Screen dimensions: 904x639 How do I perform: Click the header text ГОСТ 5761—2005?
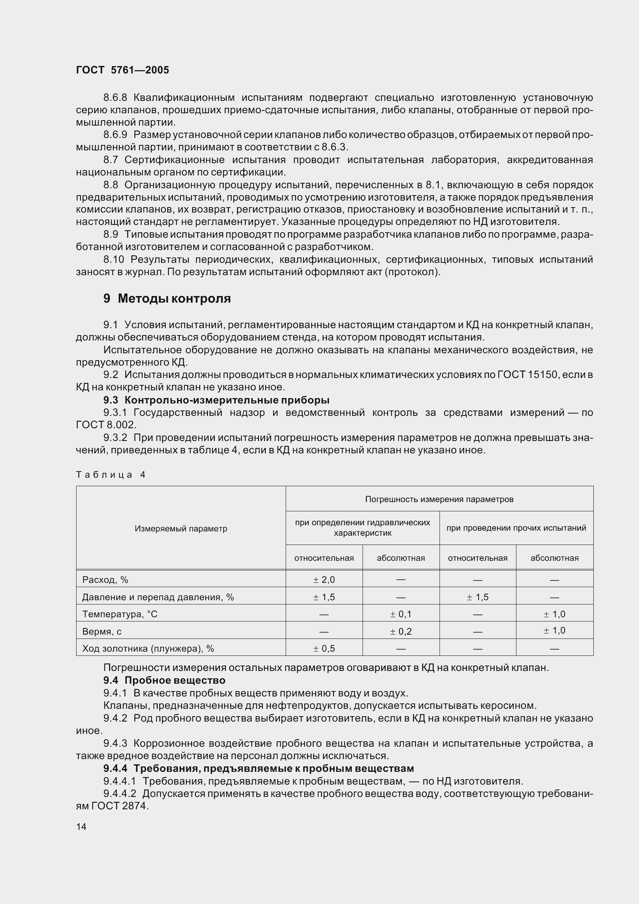[123, 70]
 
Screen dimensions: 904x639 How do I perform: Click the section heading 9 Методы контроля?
[167, 298]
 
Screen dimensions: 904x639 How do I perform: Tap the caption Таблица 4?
[111, 475]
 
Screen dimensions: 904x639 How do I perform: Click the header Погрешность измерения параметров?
[439, 499]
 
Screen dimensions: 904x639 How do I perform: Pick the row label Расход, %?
[105, 580]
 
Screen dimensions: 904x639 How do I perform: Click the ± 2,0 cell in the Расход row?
[324, 580]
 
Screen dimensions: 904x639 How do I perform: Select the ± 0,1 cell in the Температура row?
[400, 614]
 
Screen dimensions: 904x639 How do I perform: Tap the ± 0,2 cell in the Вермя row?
[400, 632]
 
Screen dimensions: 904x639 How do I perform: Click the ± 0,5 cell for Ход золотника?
[324, 649]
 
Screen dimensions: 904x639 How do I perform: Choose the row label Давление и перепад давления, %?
[158, 597]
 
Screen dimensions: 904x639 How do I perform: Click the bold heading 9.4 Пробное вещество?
[164, 680]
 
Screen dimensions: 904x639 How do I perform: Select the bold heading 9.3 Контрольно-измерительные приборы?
[216, 400]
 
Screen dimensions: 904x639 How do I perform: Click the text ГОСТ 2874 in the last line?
[119, 806]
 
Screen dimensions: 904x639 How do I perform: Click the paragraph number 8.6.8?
[115, 97]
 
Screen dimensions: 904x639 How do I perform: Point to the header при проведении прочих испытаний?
[516, 528]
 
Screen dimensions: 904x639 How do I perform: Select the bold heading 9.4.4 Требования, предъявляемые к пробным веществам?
[259, 768]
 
